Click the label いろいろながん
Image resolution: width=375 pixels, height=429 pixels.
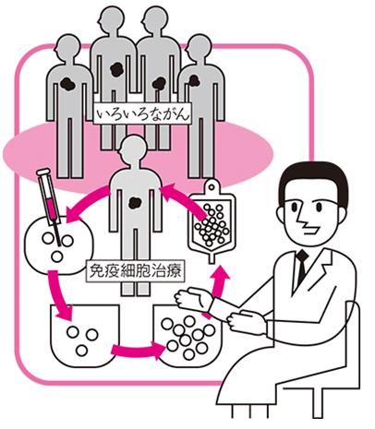coord(142,114)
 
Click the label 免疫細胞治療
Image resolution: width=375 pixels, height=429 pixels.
coord(136,271)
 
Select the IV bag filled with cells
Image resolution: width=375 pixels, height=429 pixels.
coord(212,220)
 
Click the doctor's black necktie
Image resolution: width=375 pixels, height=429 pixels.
coord(302,266)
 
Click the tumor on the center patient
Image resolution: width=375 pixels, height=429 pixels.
coord(135,203)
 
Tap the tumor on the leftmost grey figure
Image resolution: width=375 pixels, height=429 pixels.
coord(68,83)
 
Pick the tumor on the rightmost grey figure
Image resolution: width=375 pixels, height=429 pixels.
coord(194,80)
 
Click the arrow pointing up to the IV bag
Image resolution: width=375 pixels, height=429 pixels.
coord(219,286)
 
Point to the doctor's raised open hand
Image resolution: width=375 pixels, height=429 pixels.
coord(193,299)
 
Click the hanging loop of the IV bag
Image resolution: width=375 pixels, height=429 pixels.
coord(212,185)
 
